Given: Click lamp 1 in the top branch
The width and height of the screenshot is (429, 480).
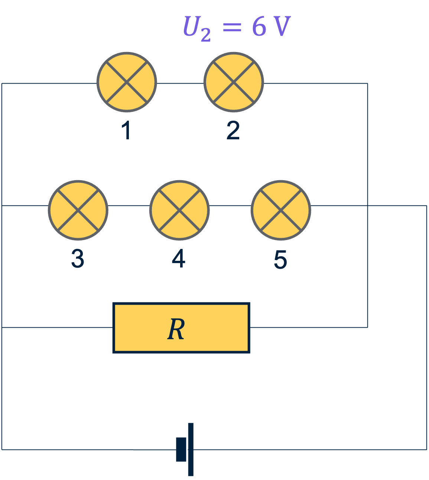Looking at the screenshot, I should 127,82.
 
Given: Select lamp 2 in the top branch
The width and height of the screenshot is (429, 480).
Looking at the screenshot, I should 234,82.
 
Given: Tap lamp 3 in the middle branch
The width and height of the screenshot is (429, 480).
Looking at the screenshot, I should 78,210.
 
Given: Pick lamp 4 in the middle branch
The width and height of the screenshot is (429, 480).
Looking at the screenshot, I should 179,210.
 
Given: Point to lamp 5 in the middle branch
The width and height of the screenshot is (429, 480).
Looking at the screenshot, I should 281,210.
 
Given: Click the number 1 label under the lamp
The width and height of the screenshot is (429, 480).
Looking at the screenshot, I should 126,131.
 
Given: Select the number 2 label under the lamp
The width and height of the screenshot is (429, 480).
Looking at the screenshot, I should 233,131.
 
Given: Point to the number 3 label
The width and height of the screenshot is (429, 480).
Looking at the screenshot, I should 78,259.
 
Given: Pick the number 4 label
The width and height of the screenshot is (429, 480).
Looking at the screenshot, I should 179,259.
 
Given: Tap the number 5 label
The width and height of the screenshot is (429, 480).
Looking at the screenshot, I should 280,259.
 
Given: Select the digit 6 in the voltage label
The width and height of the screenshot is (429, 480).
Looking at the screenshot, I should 259,27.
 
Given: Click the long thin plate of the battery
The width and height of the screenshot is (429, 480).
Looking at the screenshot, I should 191,449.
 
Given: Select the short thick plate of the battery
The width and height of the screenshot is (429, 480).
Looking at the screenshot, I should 181,450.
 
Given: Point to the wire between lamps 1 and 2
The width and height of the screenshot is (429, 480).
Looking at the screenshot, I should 180,83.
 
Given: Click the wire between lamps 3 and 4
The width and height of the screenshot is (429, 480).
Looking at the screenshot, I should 129,205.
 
